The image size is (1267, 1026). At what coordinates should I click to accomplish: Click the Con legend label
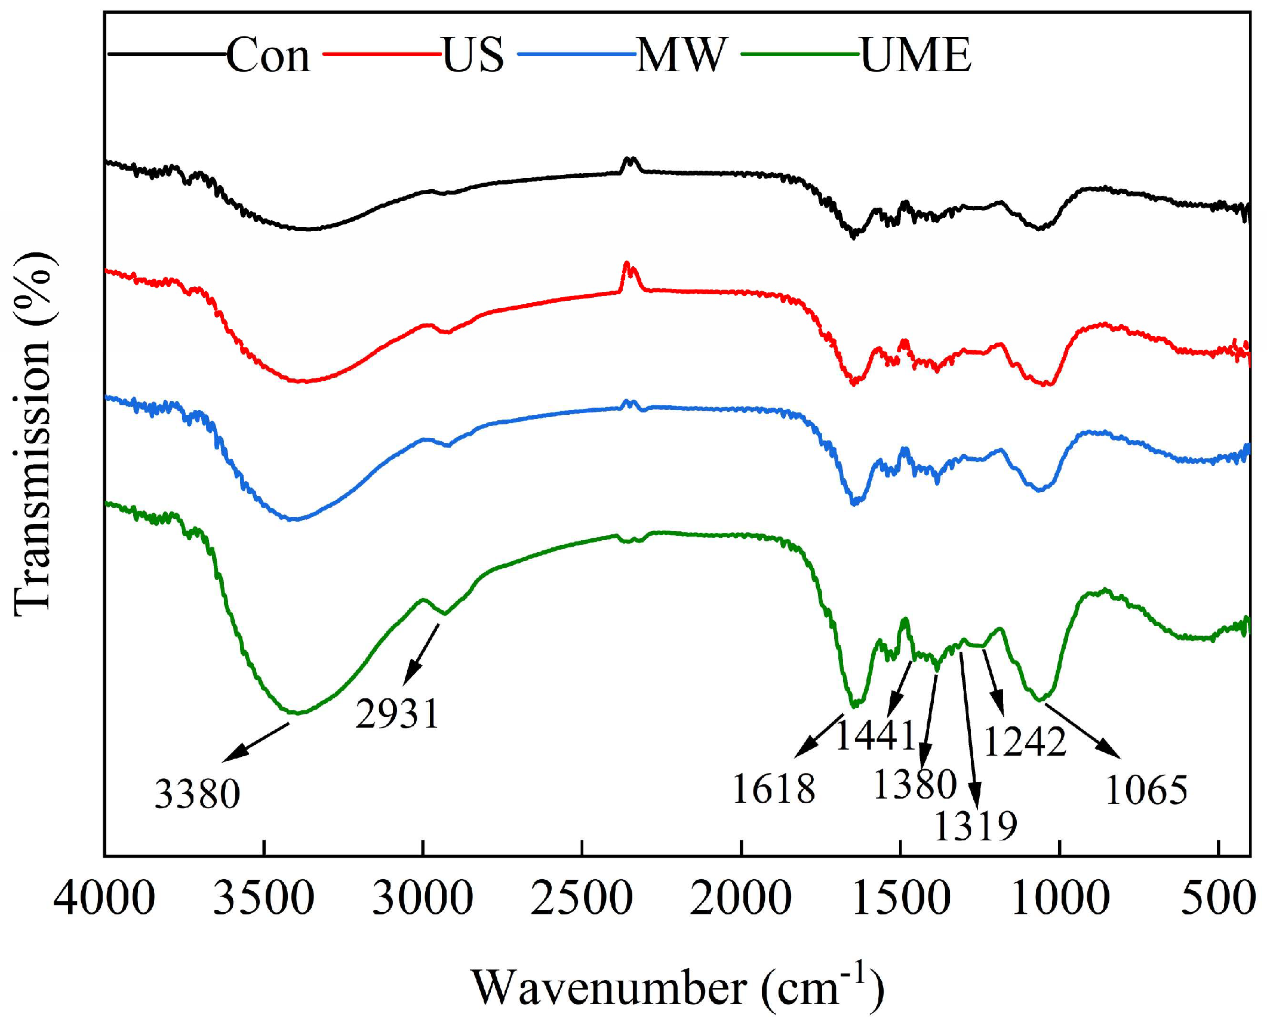pos(268,55)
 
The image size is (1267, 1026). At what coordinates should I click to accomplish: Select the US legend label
pos(473,55)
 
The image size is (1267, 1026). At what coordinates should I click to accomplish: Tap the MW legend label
pos(682,55)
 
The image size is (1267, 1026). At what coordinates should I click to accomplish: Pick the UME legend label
pos(916,55)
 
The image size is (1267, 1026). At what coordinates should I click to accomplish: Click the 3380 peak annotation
pos(197,794)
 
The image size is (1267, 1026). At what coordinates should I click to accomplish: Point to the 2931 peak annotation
pos(398,713)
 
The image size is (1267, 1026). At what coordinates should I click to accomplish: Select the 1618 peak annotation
pos(773,788)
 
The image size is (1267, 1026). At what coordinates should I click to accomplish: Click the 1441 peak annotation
pos(875,735)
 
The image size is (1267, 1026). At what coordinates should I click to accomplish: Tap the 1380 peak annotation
pos(915,784)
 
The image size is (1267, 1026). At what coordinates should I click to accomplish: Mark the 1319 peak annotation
pos(975,826)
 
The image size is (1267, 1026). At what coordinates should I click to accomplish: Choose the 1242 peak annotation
pos(1025,742)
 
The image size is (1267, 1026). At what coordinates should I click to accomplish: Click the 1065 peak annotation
pos(1146,790)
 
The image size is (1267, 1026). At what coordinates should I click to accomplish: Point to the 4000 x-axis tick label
pos(104,899)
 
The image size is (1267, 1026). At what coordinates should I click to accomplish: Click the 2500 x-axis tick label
pos(582,899)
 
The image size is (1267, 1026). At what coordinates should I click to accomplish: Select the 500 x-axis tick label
pos(1218,899)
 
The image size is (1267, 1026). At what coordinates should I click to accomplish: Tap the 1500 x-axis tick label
pos(900,899)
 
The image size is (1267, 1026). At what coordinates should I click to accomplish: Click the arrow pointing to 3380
pos(256,742)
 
